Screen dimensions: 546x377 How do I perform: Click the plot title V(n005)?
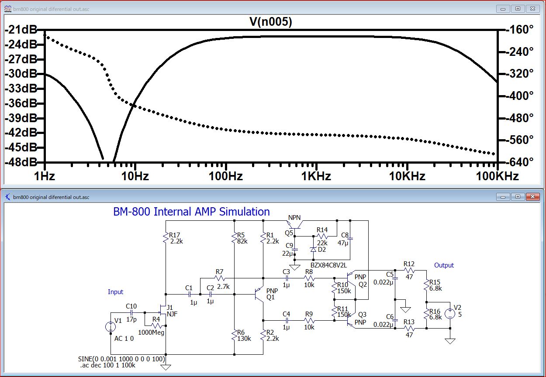tap(270, 22)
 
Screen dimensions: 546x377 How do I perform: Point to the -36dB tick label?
tap(21, 103)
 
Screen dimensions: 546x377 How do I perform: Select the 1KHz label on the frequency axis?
tap(316, 176)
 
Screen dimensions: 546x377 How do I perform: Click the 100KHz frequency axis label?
tap(497, 176)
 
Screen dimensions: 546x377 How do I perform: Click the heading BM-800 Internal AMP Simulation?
tap(191, 211)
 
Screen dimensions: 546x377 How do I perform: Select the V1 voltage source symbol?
tap(111, 326)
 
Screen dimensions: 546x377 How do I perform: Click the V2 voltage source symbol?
tap(450, 313)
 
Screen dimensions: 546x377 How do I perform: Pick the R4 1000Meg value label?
tap(151, 332)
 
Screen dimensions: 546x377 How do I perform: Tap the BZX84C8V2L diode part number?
tap(328, 265)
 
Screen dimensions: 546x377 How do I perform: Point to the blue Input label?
tap(115, 292)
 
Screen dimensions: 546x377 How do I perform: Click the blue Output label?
tap(444, 265)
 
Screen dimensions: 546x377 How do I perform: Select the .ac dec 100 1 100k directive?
tap(108, 365)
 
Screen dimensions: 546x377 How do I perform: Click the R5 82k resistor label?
tap(242, 238)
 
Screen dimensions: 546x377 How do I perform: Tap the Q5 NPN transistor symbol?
tap(295, 225)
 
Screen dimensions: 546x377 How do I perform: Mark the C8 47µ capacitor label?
tap(343, 239)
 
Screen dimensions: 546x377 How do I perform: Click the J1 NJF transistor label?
tap(172, 311)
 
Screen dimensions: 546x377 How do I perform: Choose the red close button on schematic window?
tap(532, 197)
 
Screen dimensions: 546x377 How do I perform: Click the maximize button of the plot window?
tap(518, 9)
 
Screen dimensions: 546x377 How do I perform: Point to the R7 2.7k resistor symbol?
tap(220, 278)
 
